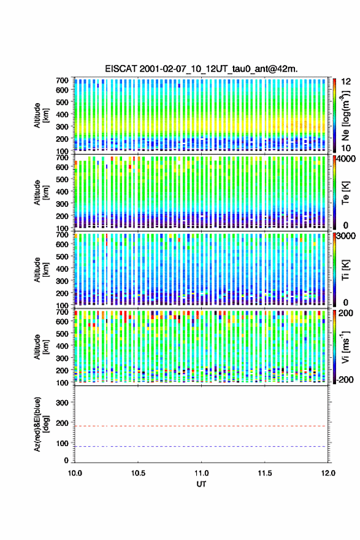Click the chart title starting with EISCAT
tap(201, 69)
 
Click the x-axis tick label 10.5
tap(138, 473)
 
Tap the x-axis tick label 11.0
tap(201, 473)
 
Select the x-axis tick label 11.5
tap(265, 473)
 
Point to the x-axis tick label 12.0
tap(328, 473)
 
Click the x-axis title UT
tap(201, 484)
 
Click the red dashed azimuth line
tap(201, 426)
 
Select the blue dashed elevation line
tap(201, 446)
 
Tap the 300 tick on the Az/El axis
tap(62, 403)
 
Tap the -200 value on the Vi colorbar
tap(345, 379)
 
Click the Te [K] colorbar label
tap(345, 193)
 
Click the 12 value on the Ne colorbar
tap(347, 82)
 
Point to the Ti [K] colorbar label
tap(345, 269)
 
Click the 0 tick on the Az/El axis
tap(66, 460)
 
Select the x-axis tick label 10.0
tap(75, 473)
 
